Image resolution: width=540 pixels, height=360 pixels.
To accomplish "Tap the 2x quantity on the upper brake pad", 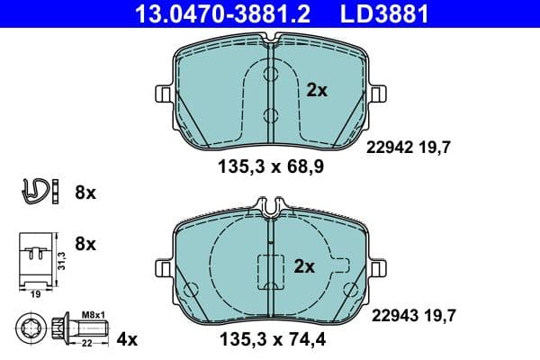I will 317,90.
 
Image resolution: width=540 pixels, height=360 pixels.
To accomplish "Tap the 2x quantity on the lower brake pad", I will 305,265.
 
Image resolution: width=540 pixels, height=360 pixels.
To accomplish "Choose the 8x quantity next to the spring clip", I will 85,192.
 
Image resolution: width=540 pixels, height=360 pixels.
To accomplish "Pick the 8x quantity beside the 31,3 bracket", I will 85,244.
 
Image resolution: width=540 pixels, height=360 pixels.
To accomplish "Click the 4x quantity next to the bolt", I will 127,339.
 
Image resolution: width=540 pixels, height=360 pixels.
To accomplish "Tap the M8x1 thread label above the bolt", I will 93,313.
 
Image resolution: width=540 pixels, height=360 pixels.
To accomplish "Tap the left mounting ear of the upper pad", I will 163,94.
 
